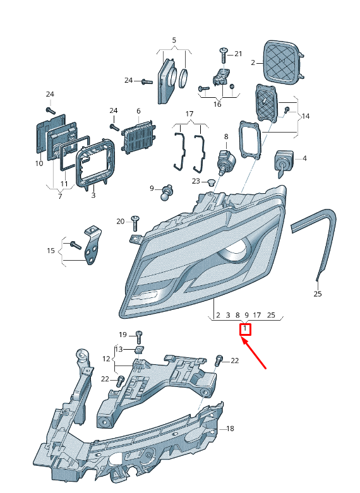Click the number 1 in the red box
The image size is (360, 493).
click(x=245, y=329)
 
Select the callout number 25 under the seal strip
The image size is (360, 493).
click(x=318, y=294)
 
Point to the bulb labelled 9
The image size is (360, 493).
click(x=168, y=193)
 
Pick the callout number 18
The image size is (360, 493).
click(x=230, y=429)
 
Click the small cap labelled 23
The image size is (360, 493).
click(x=210, y=181)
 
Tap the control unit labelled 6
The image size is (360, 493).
click(x=139, y=137)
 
